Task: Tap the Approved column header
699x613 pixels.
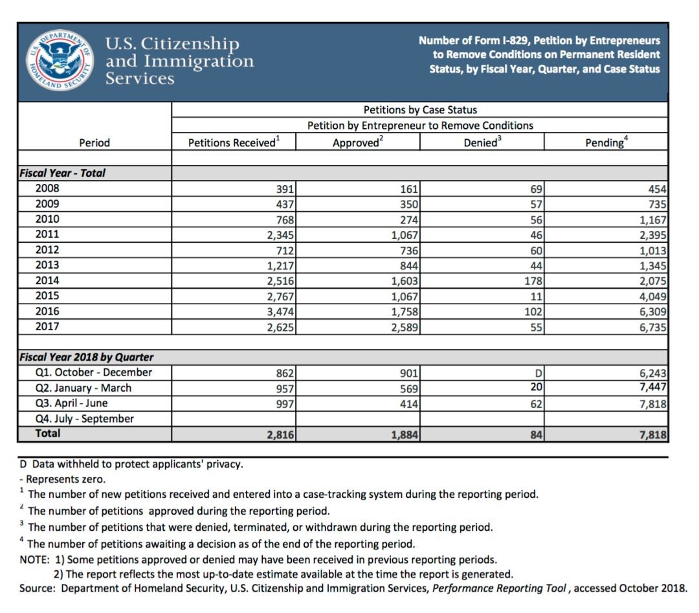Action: click(x=357, y=142)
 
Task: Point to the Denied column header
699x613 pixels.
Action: click(x=482, y=142)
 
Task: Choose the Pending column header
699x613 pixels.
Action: click(x=606, y=142)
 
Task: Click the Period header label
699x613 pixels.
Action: click(x=94, y=142)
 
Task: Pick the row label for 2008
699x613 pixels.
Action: click(x=47, y=188)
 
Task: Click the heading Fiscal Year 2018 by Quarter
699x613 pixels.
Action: click(x=87, y=357)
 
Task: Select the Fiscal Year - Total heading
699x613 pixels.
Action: click(x=62, y=173)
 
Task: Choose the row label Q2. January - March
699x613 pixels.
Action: click(x=83, y=388)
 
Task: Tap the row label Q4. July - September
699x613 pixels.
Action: click(x=85, y=418)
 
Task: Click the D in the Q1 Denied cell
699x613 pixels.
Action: click(x=538, y=373)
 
